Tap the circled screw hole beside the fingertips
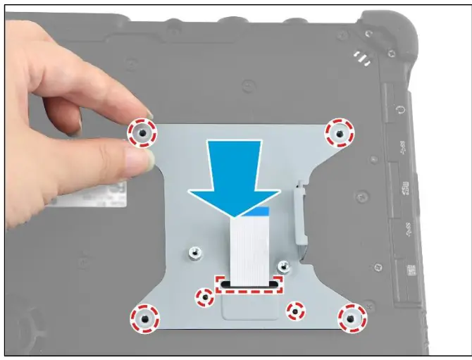(x=142, y=132)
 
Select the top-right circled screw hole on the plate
(x=340, y=132)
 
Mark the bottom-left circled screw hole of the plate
(x=144, y=319)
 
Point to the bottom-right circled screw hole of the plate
(x=350, y=319)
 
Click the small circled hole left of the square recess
(x=204, y=297)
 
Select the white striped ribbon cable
(x=248, y=247)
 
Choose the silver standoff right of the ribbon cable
(x=283, y=266)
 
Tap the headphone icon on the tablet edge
(x=401, y=111)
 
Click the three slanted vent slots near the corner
(x=361, y=56)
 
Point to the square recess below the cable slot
(x=249, y=308)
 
